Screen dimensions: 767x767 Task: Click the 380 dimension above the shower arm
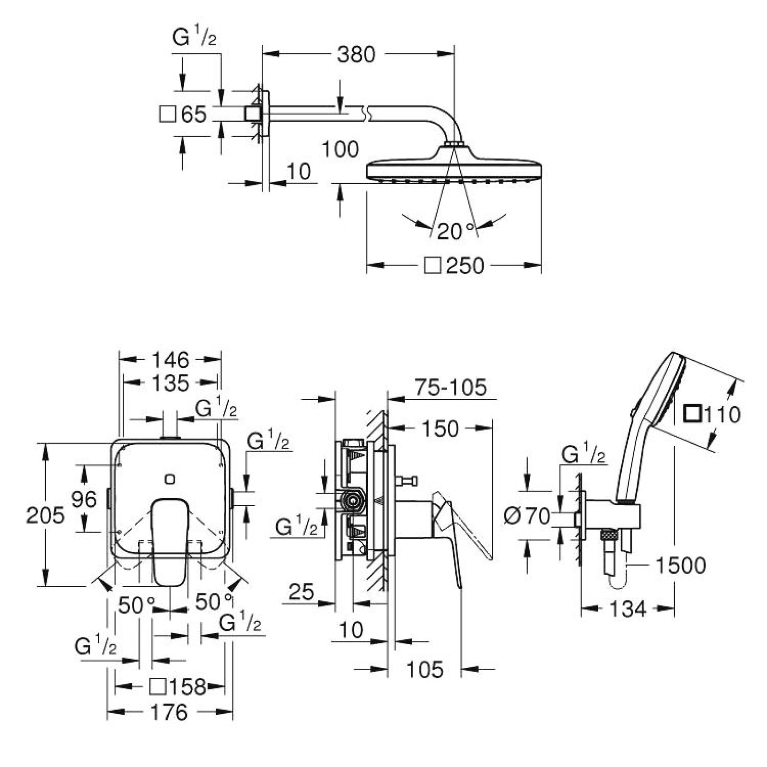coord(356,55)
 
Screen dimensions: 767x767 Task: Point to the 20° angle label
coord(455,232)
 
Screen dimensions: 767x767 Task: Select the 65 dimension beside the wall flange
coord(194,115)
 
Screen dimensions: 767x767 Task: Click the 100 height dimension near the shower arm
coord(340,150)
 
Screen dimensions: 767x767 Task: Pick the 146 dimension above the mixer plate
coord(171,360)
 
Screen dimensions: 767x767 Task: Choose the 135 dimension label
coord(171,383)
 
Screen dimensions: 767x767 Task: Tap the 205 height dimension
coord(45,515)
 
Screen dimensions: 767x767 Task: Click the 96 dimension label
coord(84,500)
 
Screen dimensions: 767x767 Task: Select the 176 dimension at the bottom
coord(169,712)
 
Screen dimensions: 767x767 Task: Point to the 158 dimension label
coord(184,687)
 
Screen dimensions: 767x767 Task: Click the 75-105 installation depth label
coord(450,387)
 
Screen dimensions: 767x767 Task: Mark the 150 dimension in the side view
coord(440,429)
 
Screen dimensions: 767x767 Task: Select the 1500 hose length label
coord(680,566)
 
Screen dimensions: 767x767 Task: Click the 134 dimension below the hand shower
coord(628,609)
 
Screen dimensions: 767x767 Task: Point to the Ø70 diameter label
coord(527,516)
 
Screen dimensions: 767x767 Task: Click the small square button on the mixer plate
coord(169,478)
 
